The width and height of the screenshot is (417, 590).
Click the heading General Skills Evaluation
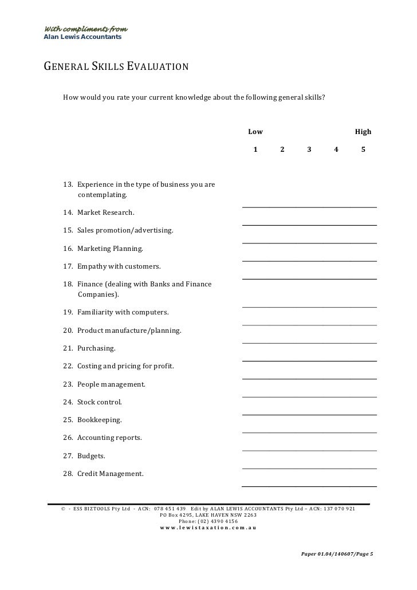116,66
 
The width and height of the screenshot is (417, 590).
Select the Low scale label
255,132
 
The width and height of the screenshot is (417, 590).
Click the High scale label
363,132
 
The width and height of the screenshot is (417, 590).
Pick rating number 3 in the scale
309,150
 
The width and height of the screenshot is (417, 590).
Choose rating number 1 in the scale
255,150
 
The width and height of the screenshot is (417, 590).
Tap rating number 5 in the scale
363,150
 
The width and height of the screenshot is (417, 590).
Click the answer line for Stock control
309,414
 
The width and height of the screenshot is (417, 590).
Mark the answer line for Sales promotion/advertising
309,243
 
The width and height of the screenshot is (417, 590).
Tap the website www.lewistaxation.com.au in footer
208,528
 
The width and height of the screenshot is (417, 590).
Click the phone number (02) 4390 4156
208,521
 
